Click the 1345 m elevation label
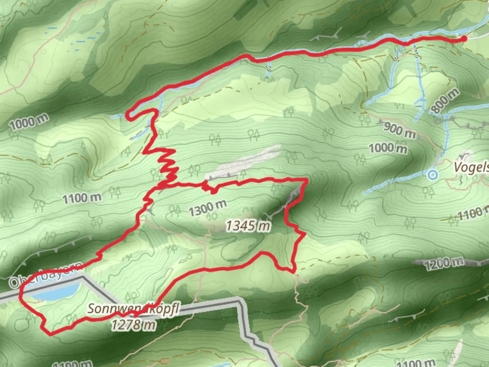point(249,226)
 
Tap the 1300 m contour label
point(207,208)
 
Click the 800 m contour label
point(445,101)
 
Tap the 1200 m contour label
point(444,262)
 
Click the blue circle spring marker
point(433,175)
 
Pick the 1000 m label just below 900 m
point(388,148)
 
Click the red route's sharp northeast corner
point(307,179)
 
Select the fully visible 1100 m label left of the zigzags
point(82,198)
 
